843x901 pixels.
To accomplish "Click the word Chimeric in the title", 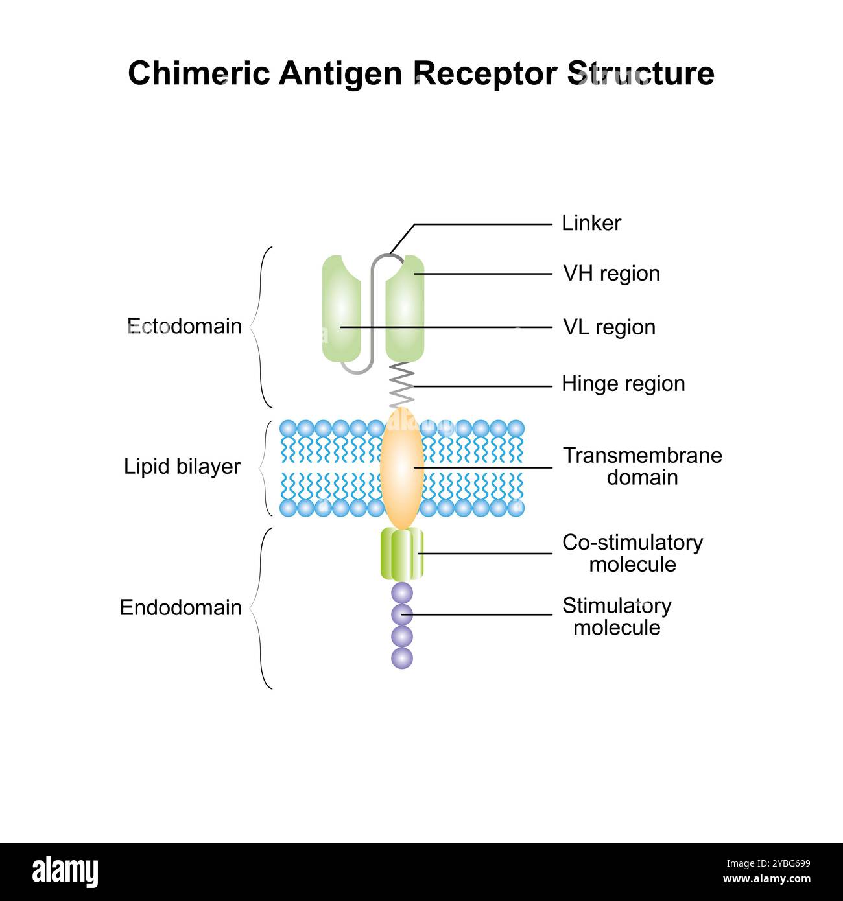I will pos(198,73).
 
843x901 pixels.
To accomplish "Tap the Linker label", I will pos(591,223).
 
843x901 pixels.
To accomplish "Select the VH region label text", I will pos(611,274).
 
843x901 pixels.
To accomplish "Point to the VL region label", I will pos(608,327).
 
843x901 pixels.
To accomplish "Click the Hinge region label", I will pos(623,384).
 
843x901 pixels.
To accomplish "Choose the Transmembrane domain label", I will pos(642,466).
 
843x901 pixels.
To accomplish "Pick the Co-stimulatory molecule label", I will pos(632,553).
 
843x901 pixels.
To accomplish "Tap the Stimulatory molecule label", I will pos(617,616).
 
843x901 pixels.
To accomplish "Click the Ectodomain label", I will pos(184,326).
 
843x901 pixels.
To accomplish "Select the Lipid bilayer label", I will pos(182,467).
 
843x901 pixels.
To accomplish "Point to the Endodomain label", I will pos(181,608).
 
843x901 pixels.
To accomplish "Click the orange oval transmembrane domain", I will pos(401,467).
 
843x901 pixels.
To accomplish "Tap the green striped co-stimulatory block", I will pos(401,554).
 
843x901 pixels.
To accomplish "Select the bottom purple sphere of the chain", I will pos(402,658).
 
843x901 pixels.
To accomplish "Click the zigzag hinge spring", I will pos(401,384).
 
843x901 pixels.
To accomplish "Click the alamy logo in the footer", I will pos(65,872).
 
